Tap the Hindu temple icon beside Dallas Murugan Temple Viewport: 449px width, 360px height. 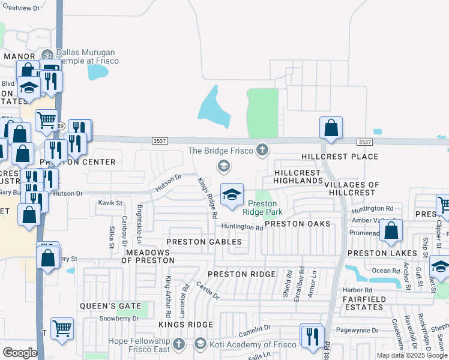click(47, 54)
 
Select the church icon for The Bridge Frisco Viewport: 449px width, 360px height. click(262, 150)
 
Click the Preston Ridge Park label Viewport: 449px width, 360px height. click(263, 208)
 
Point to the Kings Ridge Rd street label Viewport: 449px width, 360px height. click(208, 196)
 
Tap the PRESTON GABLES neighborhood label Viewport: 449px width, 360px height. click(204, 242)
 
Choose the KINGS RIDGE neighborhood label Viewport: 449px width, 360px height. click(185, 325)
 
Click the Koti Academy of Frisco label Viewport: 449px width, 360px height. click(247, 344)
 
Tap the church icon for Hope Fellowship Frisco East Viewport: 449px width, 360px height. click(178, 344)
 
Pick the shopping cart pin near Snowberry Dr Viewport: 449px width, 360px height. click(62, 328)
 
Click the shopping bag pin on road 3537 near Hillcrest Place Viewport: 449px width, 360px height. click(331, 128)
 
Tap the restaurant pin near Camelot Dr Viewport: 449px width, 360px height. click(312, 335)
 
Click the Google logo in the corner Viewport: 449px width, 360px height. click(20, 352)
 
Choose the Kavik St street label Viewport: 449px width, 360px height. click(110, 203)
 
